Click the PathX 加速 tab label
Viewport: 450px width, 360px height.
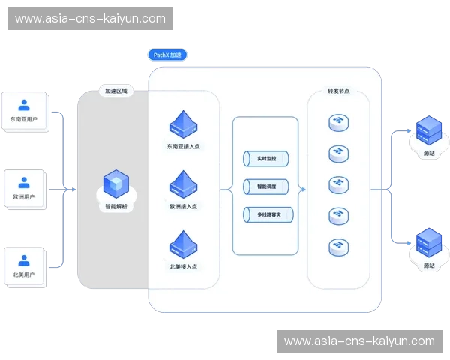point(166,55)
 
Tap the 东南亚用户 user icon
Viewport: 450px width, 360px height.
point(24,105)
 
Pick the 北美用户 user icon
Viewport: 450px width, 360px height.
point(24,260)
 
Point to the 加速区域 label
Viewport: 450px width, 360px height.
point(116,91)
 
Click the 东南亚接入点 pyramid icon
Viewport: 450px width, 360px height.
point(183,124)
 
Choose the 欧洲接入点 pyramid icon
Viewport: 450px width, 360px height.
point(183,184)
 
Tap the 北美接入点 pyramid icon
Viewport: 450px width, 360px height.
point(183,244)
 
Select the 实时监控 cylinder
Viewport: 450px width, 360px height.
point(267,159)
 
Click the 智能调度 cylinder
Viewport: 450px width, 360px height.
point(267,187)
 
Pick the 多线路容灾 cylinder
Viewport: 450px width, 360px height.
point(267,215)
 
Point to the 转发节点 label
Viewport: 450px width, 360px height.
point(338,91)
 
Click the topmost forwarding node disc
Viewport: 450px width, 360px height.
point(338,122)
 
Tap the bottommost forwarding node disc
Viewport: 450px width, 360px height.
point(338,246)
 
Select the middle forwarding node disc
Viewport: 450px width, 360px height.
point(338,184)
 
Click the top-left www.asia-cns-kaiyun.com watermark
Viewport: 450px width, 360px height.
point(90,18)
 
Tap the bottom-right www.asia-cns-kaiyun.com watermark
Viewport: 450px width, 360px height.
point(359,341)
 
